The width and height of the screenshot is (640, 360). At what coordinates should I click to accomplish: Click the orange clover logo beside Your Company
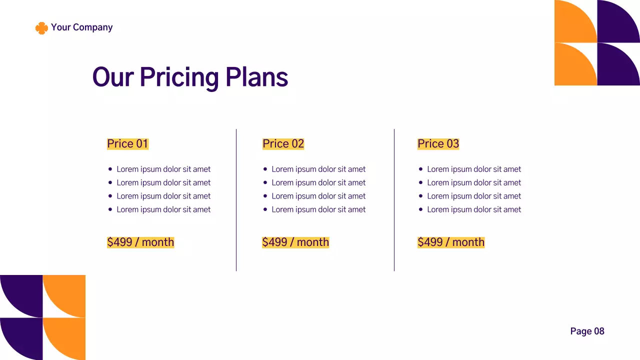[x=41, y=28]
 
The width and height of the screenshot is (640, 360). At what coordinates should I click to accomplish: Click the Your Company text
[x=81, y=27]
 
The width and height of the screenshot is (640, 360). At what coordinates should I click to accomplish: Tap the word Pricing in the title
[x=179, y=77]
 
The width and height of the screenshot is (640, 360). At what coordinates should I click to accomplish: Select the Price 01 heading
[x=127, y=144]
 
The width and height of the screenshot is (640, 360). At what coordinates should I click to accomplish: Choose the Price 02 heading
[x=283, y=144]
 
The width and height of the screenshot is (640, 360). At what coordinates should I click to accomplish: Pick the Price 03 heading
[x=438, y=144]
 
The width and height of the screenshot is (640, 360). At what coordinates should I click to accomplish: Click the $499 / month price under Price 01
[x=140, y=242]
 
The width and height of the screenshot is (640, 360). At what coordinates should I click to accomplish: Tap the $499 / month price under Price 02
[x=295, y=242]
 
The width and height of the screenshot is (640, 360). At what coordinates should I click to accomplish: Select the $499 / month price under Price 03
[x=451, y=242]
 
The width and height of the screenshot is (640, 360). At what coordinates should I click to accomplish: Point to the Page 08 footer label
[x=587, y=331]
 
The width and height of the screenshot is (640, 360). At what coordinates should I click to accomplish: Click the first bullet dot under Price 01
[x=110, y=169]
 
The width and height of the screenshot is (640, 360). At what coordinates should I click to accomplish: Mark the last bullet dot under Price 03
[x=421, y=209]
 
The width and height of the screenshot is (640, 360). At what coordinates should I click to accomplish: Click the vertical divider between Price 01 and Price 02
[x=236, y=200]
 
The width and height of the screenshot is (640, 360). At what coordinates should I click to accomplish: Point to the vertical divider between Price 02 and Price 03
[x=394, y=200]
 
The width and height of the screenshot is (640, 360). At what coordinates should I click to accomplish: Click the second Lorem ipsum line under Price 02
[x=318, y=183]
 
